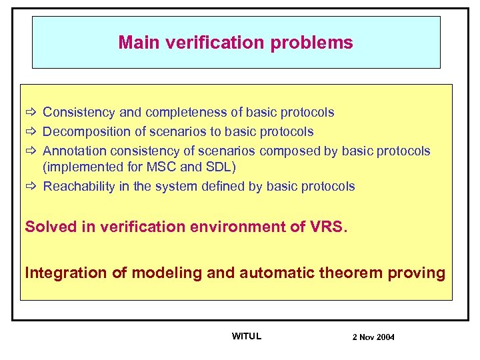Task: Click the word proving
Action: pyautogui.click(x=421, y=273)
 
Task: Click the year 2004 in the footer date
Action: pyautogui.click(x=385, y=337)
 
